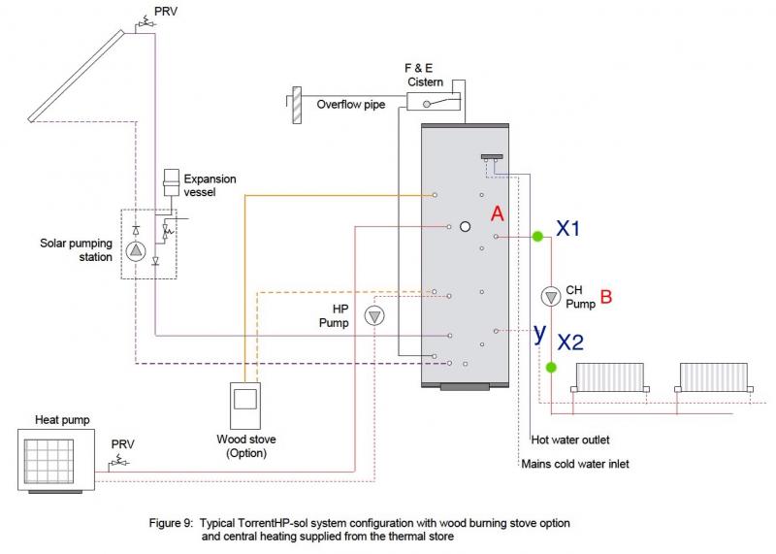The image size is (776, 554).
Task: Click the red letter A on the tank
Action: click(498, 212)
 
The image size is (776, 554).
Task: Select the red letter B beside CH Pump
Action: click(606, 297)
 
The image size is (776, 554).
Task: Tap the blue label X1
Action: click(569, 228)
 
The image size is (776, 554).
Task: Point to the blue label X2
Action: click(570, 341)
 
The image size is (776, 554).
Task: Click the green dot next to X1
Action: click(536, 235)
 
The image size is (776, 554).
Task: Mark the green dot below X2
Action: click(551, 367)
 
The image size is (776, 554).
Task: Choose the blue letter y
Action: click(538, 333)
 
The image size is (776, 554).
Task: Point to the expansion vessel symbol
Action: click(171, 182)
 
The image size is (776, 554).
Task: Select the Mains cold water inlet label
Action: click(574, 464)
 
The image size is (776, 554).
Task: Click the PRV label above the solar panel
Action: click(166, 13)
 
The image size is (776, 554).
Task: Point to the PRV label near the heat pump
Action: click(124, 443)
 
